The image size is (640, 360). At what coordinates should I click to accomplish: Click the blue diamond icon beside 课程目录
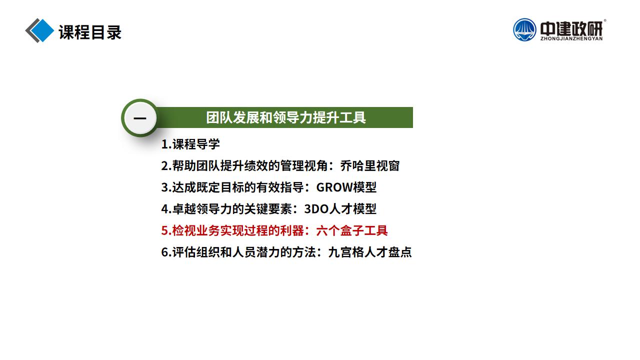[x=43, y=30]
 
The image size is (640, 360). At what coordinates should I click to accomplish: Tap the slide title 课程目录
[x=90, y=32]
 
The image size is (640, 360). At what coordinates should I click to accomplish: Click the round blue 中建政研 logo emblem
[x=524, y=29]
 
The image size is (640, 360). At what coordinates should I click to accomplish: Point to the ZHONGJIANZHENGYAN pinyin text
[x=571, y=38]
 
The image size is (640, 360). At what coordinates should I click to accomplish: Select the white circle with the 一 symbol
[x=140, y=117]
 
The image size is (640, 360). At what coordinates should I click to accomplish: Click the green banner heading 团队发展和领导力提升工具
[x=285, y=117]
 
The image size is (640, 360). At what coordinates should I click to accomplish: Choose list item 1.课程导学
[x=190, y=144]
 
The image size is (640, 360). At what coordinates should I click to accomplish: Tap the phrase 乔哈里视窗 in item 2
[x=369, y=165]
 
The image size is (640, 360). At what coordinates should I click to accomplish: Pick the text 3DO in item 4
[x=316, y=209]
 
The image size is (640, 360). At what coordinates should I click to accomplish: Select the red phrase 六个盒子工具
[x=351, y=230]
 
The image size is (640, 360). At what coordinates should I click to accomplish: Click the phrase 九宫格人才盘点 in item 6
[x=369, y=252]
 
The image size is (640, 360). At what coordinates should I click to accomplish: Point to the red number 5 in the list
[x=165, y=231]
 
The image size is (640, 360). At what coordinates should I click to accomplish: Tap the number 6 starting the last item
[x=165, y=252]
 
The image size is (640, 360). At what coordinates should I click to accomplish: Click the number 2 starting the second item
[x=165, y=166]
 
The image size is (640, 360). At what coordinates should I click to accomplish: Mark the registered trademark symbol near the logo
[x=604, y=20]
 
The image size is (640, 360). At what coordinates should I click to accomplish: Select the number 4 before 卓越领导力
[x=165, y=209]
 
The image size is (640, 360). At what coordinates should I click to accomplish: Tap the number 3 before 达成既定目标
[x=165, y=187]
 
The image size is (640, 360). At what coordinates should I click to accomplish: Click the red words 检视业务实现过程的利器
[x=237, y=230]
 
